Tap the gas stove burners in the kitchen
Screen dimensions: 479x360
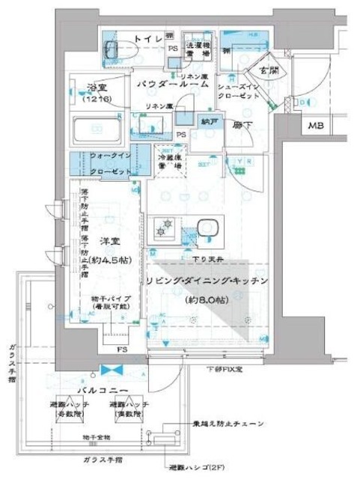[x=163, y=228]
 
